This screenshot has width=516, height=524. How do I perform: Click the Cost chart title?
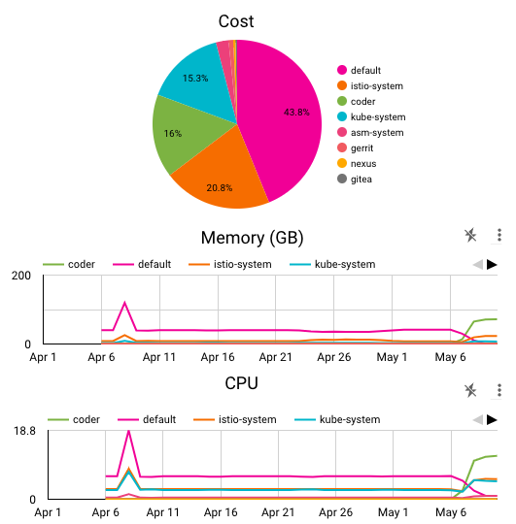[236, 20]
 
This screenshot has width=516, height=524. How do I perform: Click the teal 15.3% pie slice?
[194, 82]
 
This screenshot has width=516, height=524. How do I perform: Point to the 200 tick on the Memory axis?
[21, 277]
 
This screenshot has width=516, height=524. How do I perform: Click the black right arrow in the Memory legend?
[492, 264]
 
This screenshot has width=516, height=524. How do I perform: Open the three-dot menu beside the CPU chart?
[499, 390]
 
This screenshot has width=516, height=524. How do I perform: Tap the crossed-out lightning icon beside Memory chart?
[470, 235]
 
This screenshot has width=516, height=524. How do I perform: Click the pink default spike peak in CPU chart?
[128, 431]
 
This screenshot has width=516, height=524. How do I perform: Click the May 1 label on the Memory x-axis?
[392, 357]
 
